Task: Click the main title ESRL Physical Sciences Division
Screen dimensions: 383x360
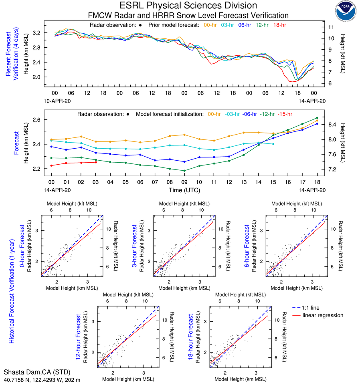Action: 188,6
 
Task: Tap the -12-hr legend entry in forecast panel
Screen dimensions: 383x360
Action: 266,114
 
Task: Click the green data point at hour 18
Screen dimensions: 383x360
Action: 317,118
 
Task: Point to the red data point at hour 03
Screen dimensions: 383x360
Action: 96,162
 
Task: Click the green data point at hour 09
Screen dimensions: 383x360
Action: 184,171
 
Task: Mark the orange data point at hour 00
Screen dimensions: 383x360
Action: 52,139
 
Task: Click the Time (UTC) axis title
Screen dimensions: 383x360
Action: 184,190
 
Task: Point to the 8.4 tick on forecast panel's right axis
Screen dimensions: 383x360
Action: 333,125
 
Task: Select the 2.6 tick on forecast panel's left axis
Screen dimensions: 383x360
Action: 38,120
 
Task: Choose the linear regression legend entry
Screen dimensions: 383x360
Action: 323,315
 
